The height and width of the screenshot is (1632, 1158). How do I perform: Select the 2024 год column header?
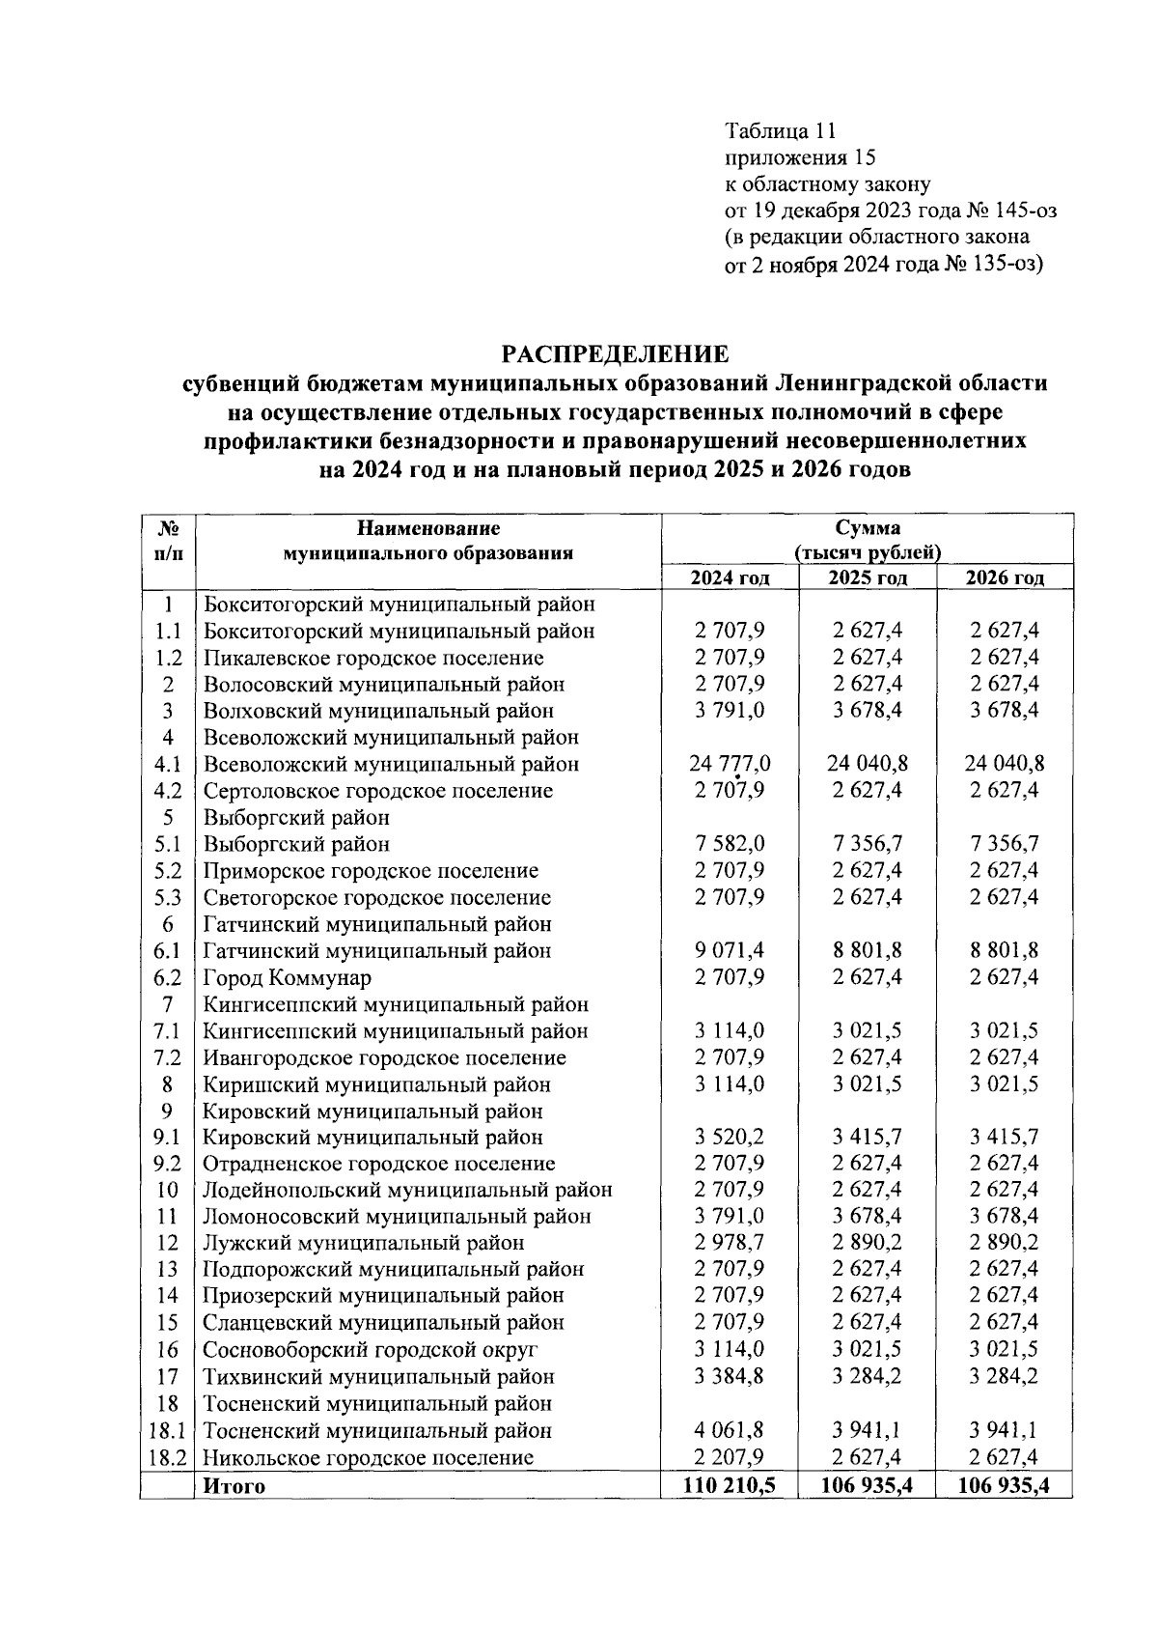pyautogui.click(x=730, y=578)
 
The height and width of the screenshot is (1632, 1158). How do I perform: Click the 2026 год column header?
pyautogui.click(x=1005, y=578)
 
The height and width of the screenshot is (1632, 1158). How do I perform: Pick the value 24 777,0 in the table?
pyautogui.click(x=730, y=764)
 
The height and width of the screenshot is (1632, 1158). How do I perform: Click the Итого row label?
pyautogui.click(x=234, y=1486)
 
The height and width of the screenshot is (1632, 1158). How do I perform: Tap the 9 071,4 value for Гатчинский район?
pyautogui.click(x=730, y=950)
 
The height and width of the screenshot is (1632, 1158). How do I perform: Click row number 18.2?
pyautogui.click(x=168, y=1457)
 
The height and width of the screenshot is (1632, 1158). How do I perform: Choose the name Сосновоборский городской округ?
pyautogui.click(x=370, y=1349)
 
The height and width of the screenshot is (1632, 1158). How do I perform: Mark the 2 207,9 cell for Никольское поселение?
pyautogui.click(x=730, y=1457)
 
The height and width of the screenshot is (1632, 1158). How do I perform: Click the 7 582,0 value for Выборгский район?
pyautogui.click(x=730, y=844)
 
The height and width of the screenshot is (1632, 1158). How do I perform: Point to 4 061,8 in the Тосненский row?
pyautogui.click(x=730, y=1430)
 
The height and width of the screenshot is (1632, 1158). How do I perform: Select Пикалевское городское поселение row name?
pyautogui.click(x=372, y=658)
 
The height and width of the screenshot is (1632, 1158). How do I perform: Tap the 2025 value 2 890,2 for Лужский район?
pyautogui.click(x=868, y=1243)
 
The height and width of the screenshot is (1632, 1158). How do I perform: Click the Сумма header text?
pyautogui.click(x=868, y=528)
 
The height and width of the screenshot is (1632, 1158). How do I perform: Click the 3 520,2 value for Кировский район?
pyautogui.click(x=730, y=1137)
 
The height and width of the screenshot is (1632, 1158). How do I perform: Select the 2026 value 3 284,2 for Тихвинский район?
pyautogui.click(x=1005, y=1376)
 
